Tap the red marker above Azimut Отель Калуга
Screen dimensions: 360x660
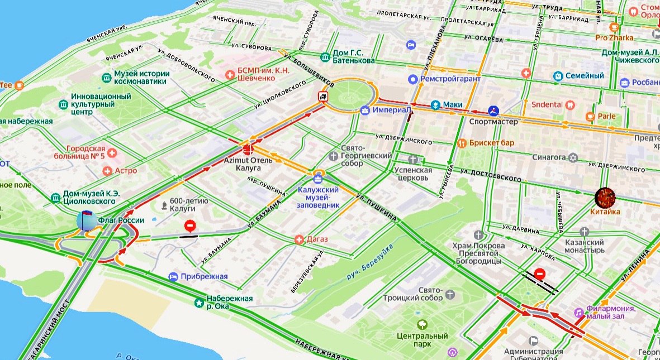click(x=247, y=148)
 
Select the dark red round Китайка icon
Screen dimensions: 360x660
click(x=605, y=198)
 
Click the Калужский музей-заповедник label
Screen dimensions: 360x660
click(x=318, y=197)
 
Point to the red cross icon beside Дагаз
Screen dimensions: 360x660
click(x=300, y=239)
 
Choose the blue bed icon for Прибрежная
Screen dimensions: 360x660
click(x=173, y=276)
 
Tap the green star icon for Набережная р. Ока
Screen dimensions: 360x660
click(x=199, y=303)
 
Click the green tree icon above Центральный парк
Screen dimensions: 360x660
click(x=422, y=324)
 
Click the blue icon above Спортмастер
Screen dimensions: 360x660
click(x=492, y=111)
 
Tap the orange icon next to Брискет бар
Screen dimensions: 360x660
click(x=461, y=143)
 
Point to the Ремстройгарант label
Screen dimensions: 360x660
click(x=450, y=79)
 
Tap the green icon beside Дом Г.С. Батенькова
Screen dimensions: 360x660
click(x=325, y=57)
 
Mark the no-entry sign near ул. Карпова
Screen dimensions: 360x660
click(x=539, y=274)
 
